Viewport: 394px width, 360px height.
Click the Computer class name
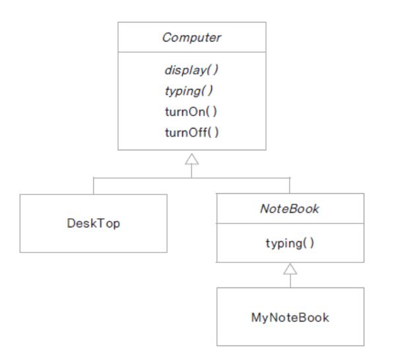click(192, 38)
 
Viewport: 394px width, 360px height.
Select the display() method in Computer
click(191, 70)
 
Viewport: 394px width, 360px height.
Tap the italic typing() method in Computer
click(189, 91)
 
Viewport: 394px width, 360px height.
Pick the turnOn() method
click(191, 111)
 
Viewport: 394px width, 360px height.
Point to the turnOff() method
click(192, 133)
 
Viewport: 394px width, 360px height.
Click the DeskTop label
click(94, 223)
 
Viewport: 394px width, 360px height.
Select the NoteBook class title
click(290, 209)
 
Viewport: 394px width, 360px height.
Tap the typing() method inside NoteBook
click(290, 243)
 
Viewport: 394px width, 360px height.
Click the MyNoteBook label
click(290, 318)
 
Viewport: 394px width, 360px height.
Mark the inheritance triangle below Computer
click(192, 160)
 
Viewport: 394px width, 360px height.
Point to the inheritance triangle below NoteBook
click(290, 269)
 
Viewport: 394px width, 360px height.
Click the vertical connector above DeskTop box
click(94, 186)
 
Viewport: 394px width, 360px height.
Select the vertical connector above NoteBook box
click(290, 185)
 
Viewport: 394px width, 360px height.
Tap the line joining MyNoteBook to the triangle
click(290, 281)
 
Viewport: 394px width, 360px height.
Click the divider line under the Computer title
click(192, 52)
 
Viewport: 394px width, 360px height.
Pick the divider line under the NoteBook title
click(290, 223)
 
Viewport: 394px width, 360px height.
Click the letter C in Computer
click(167, 38)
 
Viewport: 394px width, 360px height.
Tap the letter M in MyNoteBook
click(256, 317)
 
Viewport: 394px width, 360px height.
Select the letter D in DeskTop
click(71, 223)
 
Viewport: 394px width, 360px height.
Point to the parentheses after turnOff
click(213, 133)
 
